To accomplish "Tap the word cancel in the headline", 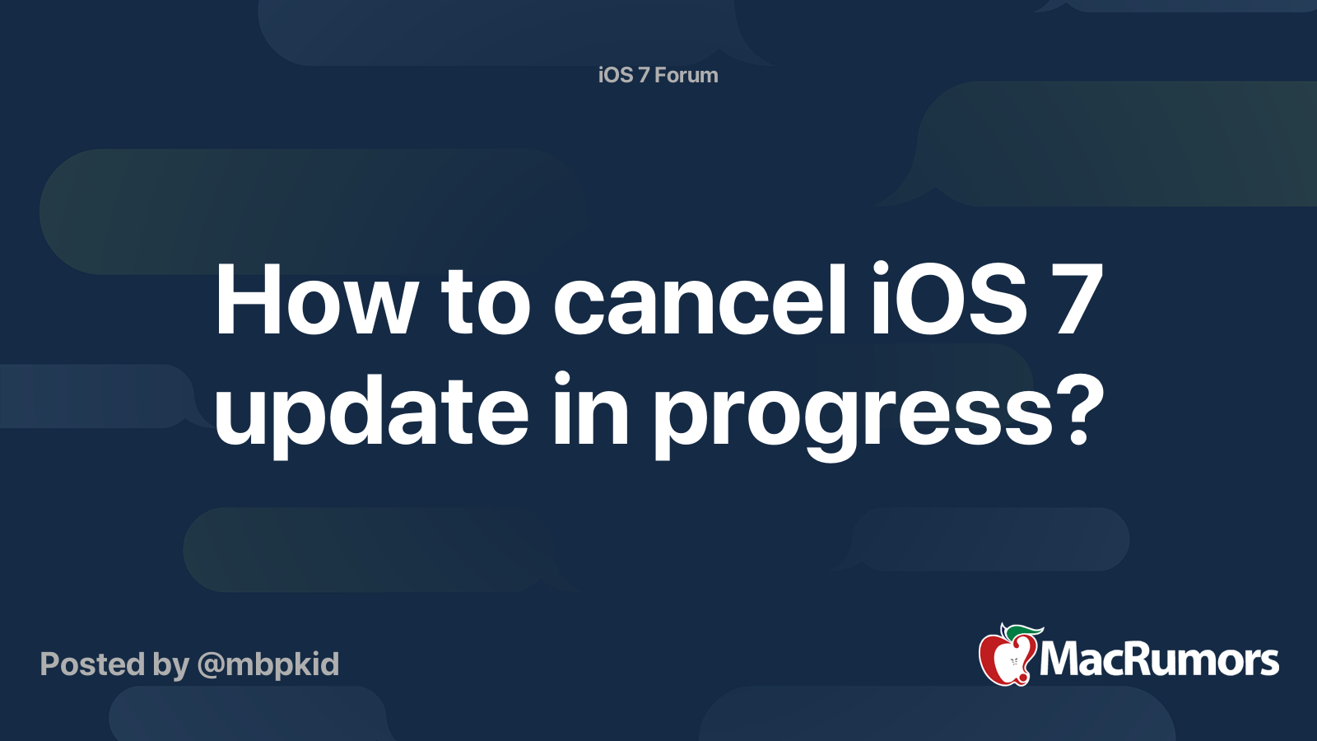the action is (699, 298).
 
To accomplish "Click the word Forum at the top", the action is (686, 75).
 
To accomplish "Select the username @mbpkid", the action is (268, 665).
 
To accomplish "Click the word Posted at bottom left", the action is (92, 664).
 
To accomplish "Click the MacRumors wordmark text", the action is (1159, 659).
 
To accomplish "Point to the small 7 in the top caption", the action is (643, 75).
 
